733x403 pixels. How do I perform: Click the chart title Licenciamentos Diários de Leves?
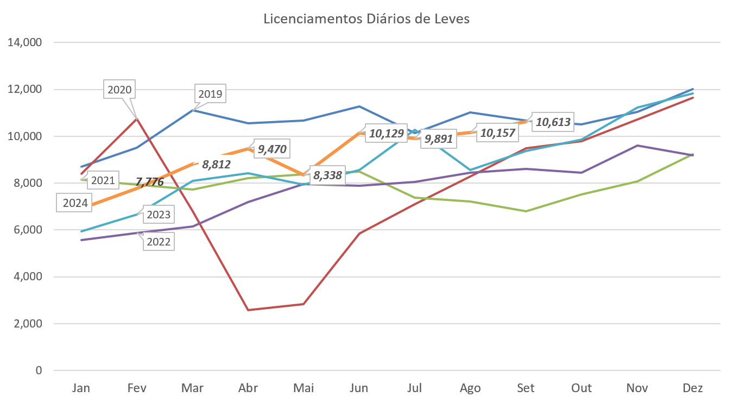[366, 18]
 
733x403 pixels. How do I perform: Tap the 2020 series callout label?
[119, 90]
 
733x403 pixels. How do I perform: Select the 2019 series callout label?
[210, 94]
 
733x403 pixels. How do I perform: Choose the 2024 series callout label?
[75, 204]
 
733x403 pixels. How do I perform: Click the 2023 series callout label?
[159, 215]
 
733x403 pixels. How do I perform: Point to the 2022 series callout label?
[159, 242]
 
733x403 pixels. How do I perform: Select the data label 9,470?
[272, 148]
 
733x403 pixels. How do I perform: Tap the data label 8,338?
[327, 175]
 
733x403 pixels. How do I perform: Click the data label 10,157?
[496, 133]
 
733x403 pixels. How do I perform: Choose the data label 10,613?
[553, 122]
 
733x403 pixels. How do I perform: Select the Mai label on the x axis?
[304, 388]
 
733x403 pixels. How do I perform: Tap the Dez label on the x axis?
[693, 388]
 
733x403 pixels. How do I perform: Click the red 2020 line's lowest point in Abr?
[248, 310]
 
